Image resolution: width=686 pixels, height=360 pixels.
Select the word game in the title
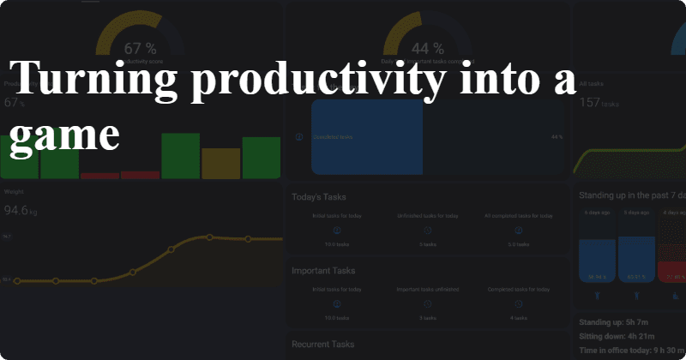pyautogui.click(x=64, y=135)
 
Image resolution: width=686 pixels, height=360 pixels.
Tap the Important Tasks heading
pyautogui.click(x=324, y=271)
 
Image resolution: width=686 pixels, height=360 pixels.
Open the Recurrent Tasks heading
pyautogui.click(x=324, y=345)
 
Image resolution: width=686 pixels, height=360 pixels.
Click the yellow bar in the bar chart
pyautogui.click(x=220, y=163)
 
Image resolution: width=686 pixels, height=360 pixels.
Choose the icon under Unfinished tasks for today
pyautogui.click(x=427, y=231)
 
